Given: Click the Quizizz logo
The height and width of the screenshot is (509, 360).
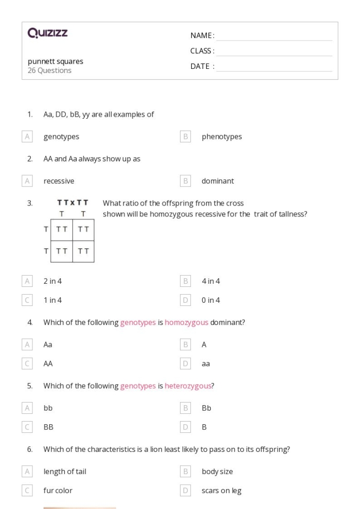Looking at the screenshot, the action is coord(48,33).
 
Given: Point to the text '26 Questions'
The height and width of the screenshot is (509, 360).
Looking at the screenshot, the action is coord(49,70).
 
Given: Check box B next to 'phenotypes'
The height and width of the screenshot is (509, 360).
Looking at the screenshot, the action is coord(186,137).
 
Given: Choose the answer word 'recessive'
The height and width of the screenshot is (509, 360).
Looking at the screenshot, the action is coord(59,181).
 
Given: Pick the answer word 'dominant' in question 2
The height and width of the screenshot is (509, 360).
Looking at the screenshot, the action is coord(218,181).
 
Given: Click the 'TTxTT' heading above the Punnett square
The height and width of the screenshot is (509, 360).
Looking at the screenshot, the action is coord(73,203).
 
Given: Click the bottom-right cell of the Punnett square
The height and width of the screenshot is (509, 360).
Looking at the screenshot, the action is coord(83,251).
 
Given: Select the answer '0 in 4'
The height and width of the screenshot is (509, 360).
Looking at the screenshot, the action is coord(211,300).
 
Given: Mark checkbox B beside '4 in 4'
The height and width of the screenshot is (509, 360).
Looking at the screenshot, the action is coord(186,281).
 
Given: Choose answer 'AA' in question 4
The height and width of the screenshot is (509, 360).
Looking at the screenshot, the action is coord(48,363).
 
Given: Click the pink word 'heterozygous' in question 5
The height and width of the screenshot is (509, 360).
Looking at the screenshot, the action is coord(189,386).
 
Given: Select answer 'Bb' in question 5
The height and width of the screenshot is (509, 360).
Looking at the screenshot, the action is coord(207,408).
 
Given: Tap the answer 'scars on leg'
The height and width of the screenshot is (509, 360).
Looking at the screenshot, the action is coord(221,490).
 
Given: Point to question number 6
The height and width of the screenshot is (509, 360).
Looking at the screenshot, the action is coord(30,449).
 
